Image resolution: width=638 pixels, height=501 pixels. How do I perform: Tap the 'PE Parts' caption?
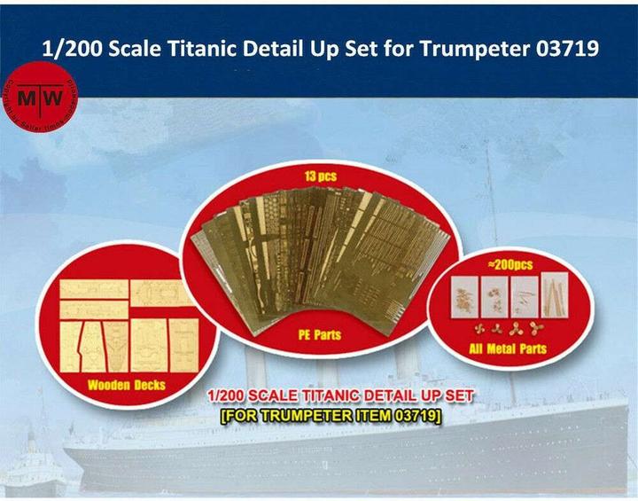[315, 335]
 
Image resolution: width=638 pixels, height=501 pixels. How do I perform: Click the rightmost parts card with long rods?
[553, 296]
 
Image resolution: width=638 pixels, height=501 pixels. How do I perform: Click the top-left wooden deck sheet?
[94, 289]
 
